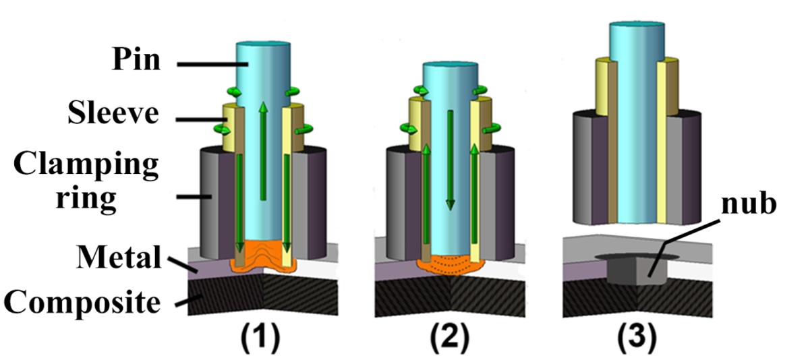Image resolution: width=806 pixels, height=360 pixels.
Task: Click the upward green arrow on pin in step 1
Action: [262, 148]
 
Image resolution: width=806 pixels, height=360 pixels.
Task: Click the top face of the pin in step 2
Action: [450, 65]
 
